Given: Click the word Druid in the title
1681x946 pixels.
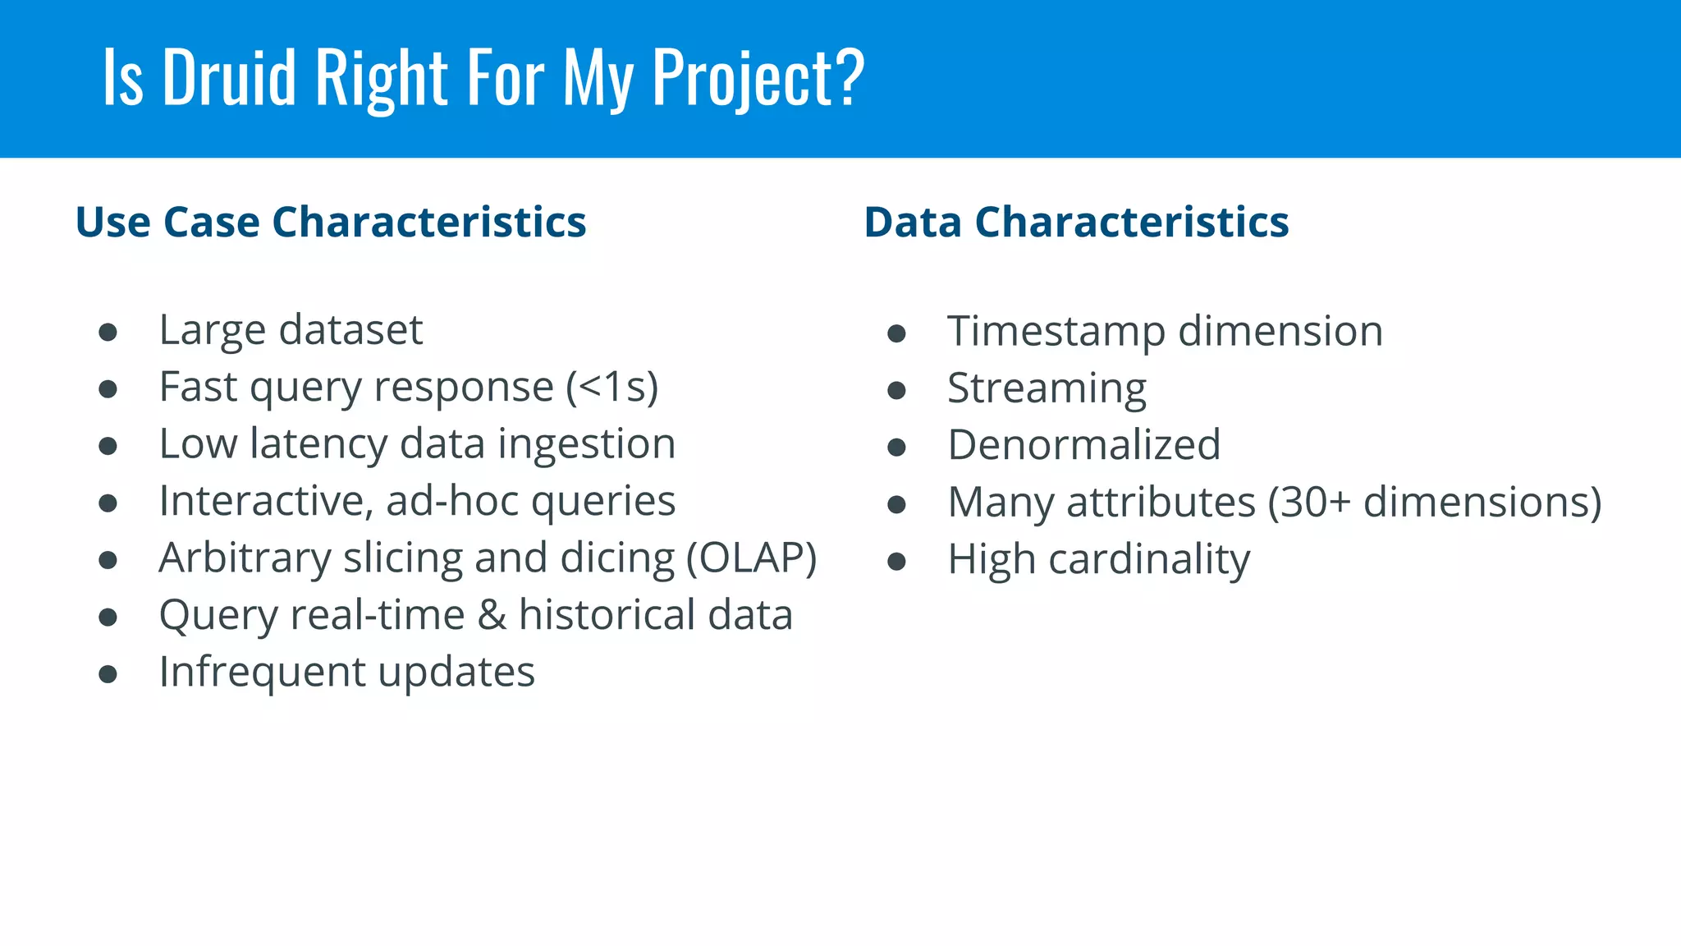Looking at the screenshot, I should (229, 77).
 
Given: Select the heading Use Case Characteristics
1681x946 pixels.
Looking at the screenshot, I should (331, 223).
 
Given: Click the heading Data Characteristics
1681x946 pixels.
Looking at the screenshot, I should (1076, 223).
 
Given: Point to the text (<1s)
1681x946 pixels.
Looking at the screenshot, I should (612, 387).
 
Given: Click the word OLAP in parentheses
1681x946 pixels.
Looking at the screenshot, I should (752, 558).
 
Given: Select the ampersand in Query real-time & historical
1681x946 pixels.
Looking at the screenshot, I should (492, 615).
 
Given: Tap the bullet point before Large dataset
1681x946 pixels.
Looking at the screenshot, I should (108, 332).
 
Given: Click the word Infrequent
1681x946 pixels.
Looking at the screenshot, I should (261, 672).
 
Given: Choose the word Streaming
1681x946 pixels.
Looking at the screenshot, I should (1047, 388).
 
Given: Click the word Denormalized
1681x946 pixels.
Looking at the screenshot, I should (1083, 445).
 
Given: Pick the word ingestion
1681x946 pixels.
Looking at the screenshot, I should (586, 444).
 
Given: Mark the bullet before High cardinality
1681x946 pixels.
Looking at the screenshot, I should (896, 562).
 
